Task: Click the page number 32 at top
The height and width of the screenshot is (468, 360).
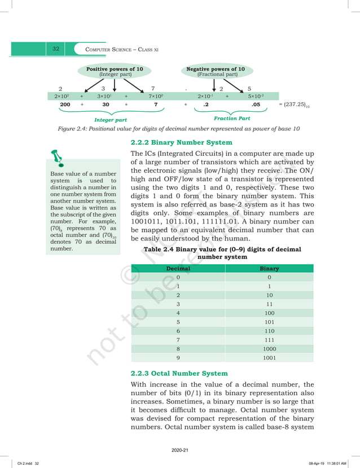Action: (x=56, y=49)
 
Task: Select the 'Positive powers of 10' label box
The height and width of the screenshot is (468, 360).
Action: (x=114, y=71)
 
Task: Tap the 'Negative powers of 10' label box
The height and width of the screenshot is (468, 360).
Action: (x=216, y=71)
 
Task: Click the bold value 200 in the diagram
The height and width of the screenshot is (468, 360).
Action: (x=65, y=104)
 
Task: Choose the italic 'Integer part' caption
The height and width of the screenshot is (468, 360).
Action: (x=111, y=120)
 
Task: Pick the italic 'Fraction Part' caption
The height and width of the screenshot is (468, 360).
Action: (x=232, y=119)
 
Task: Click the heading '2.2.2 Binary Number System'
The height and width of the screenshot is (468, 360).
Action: (x=181, y=142)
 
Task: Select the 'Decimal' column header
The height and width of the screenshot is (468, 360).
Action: (x=178, y=269)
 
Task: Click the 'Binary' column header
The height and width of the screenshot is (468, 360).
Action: (x=269, y=269)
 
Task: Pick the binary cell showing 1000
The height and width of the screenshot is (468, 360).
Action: (x=269, y=349)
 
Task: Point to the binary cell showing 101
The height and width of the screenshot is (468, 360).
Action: (x=269, y=322)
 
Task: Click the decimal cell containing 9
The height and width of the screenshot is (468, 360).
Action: (x=178, y=357)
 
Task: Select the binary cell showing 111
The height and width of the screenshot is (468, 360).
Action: (x=269, y=340)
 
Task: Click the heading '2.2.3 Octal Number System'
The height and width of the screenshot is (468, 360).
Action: (x=179, y=373)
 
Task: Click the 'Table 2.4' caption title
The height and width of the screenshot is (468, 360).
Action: (x=222, y=253)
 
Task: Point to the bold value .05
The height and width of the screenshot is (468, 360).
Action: (x=256, y=104)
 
